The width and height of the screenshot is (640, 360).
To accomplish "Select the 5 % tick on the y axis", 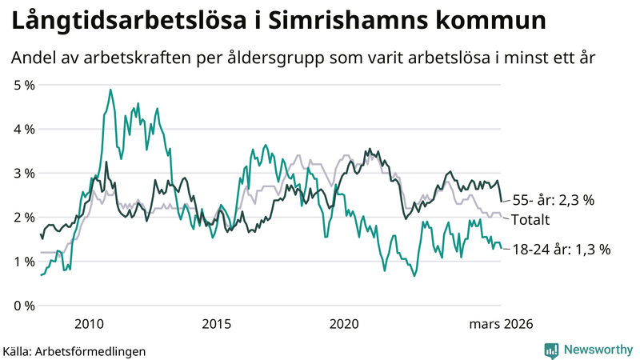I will pos(23,84).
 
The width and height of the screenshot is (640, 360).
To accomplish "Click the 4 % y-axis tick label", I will pos(23,129).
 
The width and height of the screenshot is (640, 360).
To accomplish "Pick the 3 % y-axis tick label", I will pos(23,173).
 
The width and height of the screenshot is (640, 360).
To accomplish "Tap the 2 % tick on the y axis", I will pos(23,218).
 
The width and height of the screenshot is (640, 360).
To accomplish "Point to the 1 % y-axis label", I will pos(23,262).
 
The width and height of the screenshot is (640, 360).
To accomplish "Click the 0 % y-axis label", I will pos(23,306).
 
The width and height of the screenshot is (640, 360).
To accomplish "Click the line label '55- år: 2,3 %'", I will pos(554,200).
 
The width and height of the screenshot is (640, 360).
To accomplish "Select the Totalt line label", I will pos(530,219).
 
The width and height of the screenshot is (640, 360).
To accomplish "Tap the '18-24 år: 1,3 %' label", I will pos(562,250).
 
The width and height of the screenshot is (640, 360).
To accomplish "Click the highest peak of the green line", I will pos(110,90).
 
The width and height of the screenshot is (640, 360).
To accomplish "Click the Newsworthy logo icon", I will pos(551,350).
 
